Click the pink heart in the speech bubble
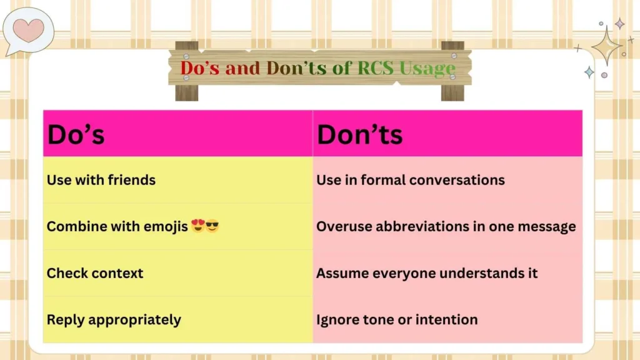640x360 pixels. [x=29, y=30]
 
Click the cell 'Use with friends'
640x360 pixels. [x=101, y=180]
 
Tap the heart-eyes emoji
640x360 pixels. [x=198, y=226]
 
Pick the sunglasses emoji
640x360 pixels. [x=212, y=226]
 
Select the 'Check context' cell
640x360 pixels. [x=95, y=273]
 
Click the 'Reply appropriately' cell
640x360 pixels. [x=114, y=320]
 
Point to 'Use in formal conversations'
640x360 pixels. [x=411, y=180]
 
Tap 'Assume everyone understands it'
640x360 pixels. [x=427, y=273]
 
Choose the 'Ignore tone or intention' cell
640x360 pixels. [x=397, y=320]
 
